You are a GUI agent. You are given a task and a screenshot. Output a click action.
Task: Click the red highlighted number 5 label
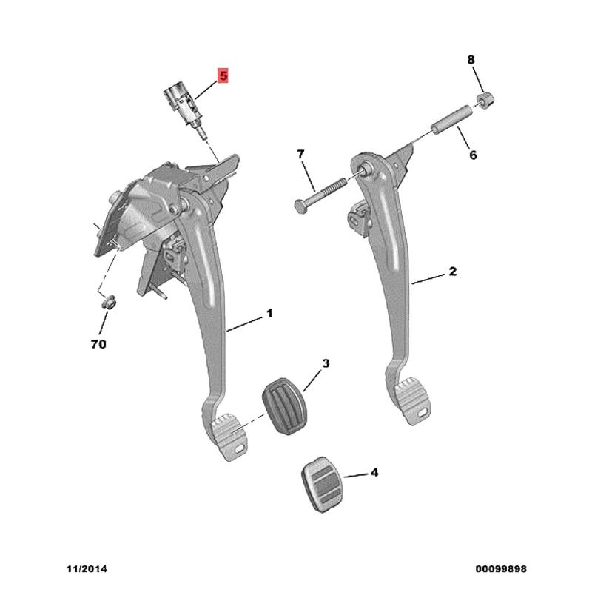(x=223, y=76)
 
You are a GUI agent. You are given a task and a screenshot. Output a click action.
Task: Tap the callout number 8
(x=471, y=60)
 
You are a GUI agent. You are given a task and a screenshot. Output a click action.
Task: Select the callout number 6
(x=473, y=155)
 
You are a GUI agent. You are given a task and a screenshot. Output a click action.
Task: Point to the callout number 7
(x=300, y=154)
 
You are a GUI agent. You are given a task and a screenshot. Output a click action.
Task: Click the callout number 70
(x=98, y=344)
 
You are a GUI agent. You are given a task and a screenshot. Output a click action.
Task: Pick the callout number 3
(x=326, y=363)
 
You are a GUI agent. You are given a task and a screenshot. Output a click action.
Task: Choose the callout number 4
(x=374, y=472)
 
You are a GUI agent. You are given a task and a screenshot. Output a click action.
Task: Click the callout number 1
(x=269, y=313)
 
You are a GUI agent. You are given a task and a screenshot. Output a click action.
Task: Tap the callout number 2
(x=453, y=271)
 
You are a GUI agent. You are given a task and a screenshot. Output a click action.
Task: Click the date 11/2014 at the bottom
(x=87, y=568)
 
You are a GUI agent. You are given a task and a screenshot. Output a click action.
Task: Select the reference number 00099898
(x=501, y=568)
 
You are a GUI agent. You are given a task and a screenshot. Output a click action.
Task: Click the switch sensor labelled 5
(x=180, y=107)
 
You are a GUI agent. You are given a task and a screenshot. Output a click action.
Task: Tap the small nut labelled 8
(x=487, y=99)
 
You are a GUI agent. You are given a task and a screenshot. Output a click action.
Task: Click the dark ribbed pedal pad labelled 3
(x=284, y=406)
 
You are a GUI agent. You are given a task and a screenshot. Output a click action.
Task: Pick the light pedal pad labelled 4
(x=321, y=485)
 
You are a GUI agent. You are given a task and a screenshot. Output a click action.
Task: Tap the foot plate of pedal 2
(x=412, y=401)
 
